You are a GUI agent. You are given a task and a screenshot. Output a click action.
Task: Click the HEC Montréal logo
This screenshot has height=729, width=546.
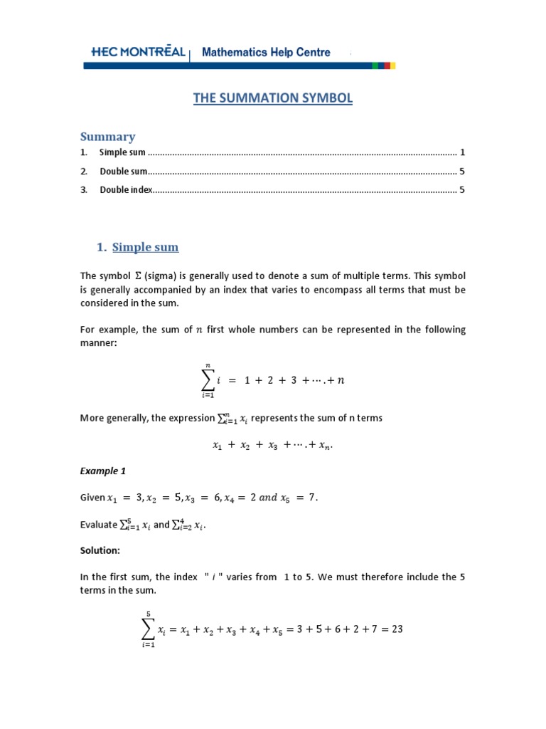[138, 52]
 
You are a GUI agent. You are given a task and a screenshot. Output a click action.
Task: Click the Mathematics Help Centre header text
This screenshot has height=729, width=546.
[267, 52]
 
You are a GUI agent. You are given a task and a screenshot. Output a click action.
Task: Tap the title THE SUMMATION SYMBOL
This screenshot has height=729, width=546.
[273, 98]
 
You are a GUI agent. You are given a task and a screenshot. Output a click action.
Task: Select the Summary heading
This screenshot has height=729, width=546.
[107, 136]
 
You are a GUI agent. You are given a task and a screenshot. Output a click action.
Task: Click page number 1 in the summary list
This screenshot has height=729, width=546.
[462, 152]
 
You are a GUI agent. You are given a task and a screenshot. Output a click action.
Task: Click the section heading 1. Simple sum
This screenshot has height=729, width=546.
[138, 247]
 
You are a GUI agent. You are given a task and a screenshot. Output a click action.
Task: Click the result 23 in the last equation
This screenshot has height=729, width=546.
[396, 629]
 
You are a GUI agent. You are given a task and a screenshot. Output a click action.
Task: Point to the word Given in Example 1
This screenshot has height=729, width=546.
[92, 498]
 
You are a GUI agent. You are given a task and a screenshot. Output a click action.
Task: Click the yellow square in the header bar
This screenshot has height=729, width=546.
[392, 65]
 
